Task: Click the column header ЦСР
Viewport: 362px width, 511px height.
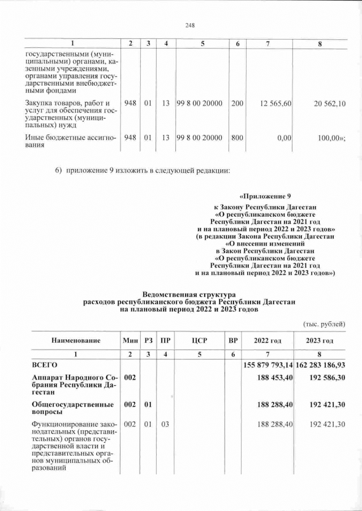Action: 197,340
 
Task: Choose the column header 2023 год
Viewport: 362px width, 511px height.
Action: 320,340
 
